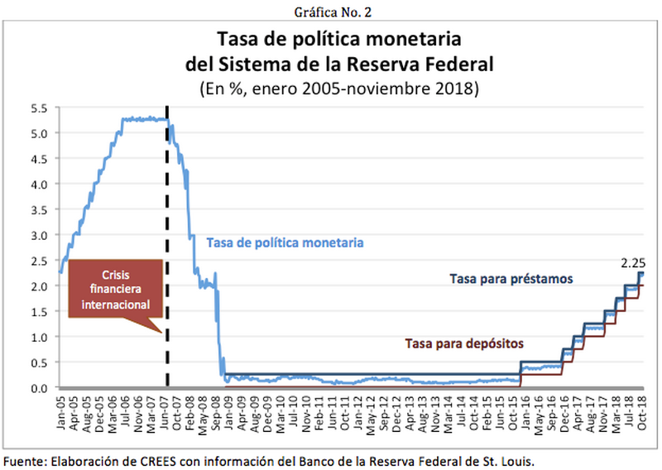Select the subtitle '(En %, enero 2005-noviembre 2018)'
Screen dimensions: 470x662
click(x=338, y=86)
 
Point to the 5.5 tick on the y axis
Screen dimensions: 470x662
click(x=40, y=108)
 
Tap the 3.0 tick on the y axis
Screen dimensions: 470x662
click(x=40, y=235)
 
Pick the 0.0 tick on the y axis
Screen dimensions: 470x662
click(x=40, y=387)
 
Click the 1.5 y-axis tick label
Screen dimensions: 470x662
click(x=40, y=311)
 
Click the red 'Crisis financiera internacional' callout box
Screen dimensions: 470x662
click(x=115, y=289)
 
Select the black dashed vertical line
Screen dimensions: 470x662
click(x=168, y=248)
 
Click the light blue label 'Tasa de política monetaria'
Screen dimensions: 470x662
click(x=285, y=242)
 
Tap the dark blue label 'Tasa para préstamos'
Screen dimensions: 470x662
click(x=511, y=280)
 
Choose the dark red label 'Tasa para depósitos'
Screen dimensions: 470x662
click(x=465, y=342)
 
